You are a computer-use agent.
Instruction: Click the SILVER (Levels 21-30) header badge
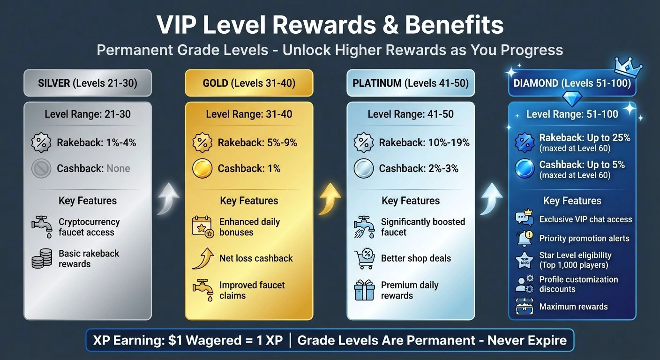88,84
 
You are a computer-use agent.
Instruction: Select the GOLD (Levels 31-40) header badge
249,84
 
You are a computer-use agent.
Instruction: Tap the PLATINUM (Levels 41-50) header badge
411,84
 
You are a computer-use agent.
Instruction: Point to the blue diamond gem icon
572,99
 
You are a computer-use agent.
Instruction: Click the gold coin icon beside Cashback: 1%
202,169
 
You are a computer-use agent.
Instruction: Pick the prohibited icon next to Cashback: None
41,169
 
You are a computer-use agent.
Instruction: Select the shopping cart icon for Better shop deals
364,258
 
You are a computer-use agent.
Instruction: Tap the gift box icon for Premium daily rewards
364,290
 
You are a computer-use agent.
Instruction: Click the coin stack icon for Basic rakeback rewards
42,259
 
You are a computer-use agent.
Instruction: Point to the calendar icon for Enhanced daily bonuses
202,227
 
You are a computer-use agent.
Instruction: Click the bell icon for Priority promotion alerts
525,238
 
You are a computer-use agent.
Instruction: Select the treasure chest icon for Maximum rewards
525,307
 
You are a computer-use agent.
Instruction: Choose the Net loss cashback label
256,258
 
